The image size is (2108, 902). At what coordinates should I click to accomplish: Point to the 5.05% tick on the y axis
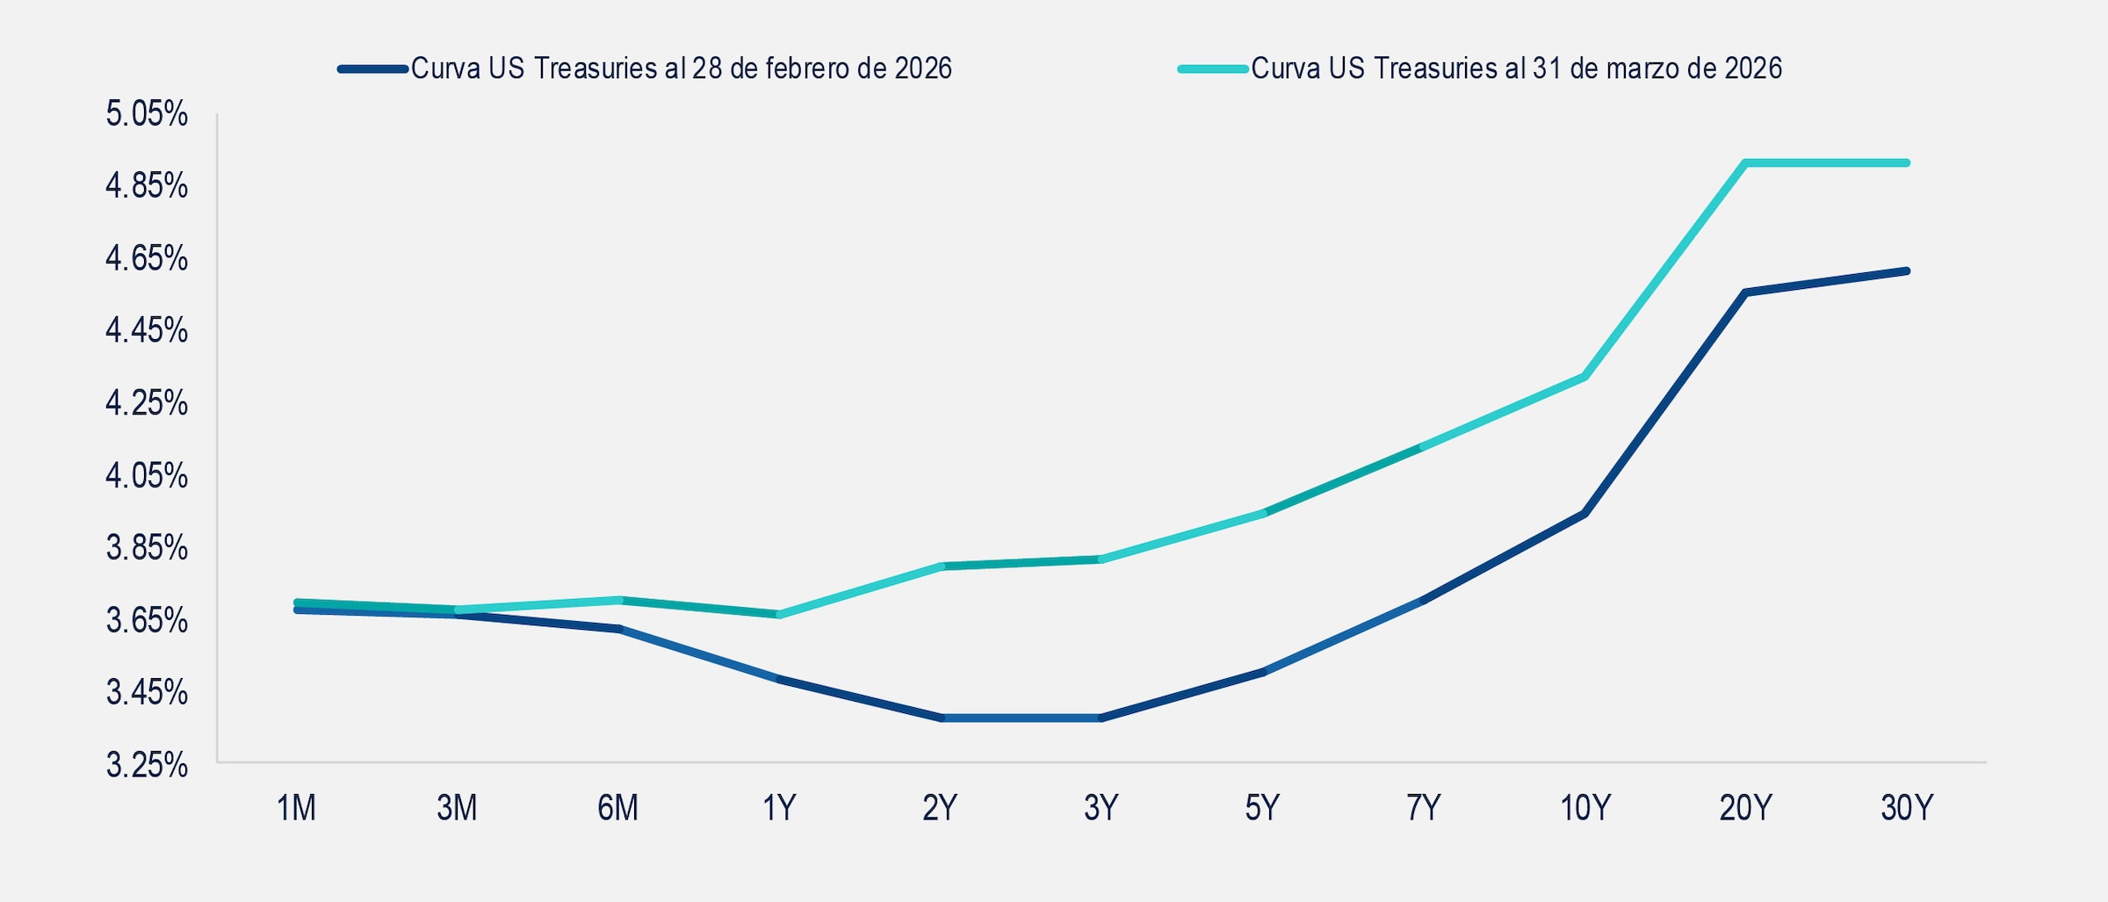point(147,114)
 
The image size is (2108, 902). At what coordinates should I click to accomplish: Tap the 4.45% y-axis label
point(147,331)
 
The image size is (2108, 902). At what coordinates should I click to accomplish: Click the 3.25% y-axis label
point(147,765)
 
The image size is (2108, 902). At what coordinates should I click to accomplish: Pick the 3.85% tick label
point(147,548)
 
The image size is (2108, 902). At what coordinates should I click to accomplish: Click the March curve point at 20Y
point(1746,162)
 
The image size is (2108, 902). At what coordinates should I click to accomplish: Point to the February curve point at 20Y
point(1746,292)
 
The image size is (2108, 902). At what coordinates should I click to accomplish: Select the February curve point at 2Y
point(942,718)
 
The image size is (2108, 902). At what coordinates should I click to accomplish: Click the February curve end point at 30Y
point(1907,271)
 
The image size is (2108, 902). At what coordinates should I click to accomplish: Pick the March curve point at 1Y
point(779,615)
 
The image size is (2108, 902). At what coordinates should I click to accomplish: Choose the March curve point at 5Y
point(1263,513)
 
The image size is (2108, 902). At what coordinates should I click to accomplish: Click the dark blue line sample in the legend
point(373,69)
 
